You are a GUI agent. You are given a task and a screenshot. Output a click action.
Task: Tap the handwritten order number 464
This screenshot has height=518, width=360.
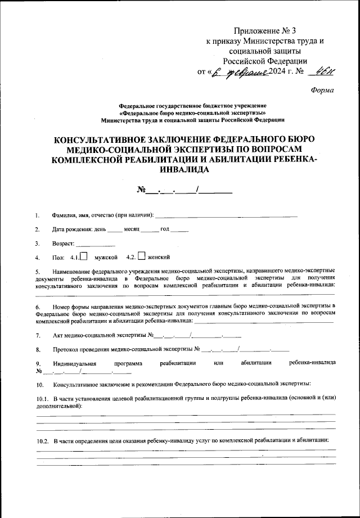[x=325, y=71]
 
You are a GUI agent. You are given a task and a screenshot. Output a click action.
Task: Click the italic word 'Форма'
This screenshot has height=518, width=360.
[x=322, y=90]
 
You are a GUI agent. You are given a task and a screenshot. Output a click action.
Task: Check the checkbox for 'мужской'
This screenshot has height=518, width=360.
[x=83, y=256]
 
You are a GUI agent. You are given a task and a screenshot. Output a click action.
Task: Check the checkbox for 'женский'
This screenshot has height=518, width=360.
[x=142, y=256]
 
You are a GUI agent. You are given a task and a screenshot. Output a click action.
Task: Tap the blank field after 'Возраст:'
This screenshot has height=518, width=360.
[x=95, y=244]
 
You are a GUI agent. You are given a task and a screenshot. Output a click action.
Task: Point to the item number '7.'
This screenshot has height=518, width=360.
[x=38, y=336]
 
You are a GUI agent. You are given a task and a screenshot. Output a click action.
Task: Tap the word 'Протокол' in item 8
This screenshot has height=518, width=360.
[x=65, y=349]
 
